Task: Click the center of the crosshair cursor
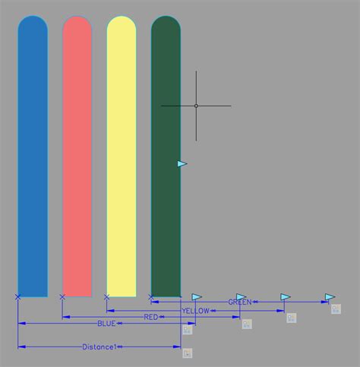click(x=196, y=106)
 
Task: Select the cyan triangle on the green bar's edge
click(x=182, y=163)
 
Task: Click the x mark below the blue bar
click(x=17, y=297)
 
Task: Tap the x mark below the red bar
click(x=62, y=297)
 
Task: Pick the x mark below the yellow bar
click(x=106, y=297)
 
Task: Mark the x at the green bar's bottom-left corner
click(x=150, y=297)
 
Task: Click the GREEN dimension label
click(x=239, y=302)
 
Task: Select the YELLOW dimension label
click(x=195, y=311)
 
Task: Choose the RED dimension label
click(x=151, y=317)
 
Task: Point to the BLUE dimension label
click(x=106, y=324)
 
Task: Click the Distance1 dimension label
click(x=99, y=347)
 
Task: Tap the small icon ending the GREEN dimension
click(x=336, y=308)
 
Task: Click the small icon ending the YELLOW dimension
click(x=291, y=318)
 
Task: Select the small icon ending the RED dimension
click(x=247, y=324)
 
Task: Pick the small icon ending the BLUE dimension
click(x=188, y=329)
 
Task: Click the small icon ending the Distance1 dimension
click(x=188, y=353)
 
